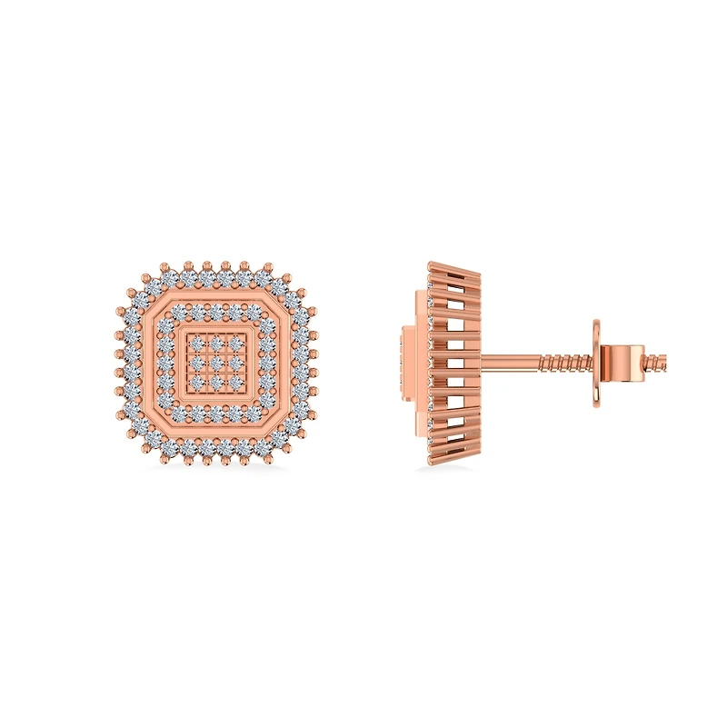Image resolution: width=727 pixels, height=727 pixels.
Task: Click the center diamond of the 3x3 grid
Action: tap(216, 363)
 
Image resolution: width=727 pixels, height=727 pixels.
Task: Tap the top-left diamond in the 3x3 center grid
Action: tap(197, 344)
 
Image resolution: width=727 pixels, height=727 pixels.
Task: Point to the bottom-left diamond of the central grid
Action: tap(197, 382)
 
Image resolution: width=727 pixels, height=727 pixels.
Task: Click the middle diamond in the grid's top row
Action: tap(216, 344)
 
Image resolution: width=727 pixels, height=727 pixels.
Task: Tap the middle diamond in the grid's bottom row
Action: tap(216, 382)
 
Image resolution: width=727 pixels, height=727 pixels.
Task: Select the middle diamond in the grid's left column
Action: tap(197, 363)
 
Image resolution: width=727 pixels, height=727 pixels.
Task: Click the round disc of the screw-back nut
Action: tap(597, 363)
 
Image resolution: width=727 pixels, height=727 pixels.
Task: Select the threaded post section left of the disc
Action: tap(563, 363)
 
